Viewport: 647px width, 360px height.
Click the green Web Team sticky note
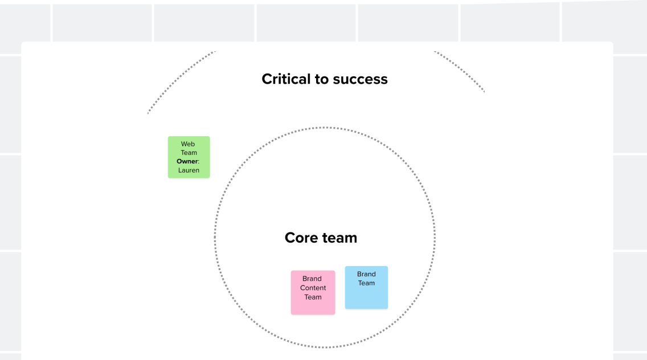click(189, 157)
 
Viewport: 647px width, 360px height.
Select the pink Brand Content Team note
click(313, 292)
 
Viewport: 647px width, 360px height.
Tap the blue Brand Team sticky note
click(366, 287)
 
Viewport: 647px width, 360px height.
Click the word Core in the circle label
click(301, 238)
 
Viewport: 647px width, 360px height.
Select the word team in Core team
click(339, 238)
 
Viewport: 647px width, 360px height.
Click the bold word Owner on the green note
click(187, 161)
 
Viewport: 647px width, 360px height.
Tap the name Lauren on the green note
click(189, 170)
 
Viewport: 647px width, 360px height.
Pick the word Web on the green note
click(188, 144)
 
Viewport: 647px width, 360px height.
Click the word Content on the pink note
click(313, 288)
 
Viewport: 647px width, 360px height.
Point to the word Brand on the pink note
click(312, 279)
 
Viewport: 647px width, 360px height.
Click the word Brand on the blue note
click(366, 274)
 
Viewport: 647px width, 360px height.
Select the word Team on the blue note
click(366, 283)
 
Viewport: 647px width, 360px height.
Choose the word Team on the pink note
click(313, 297)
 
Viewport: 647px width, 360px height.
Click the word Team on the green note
click(189, 153)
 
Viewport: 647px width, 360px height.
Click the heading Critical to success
click(325, 79)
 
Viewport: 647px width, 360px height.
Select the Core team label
click(321, 238)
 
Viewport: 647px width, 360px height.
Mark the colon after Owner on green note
click(198, 162)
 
